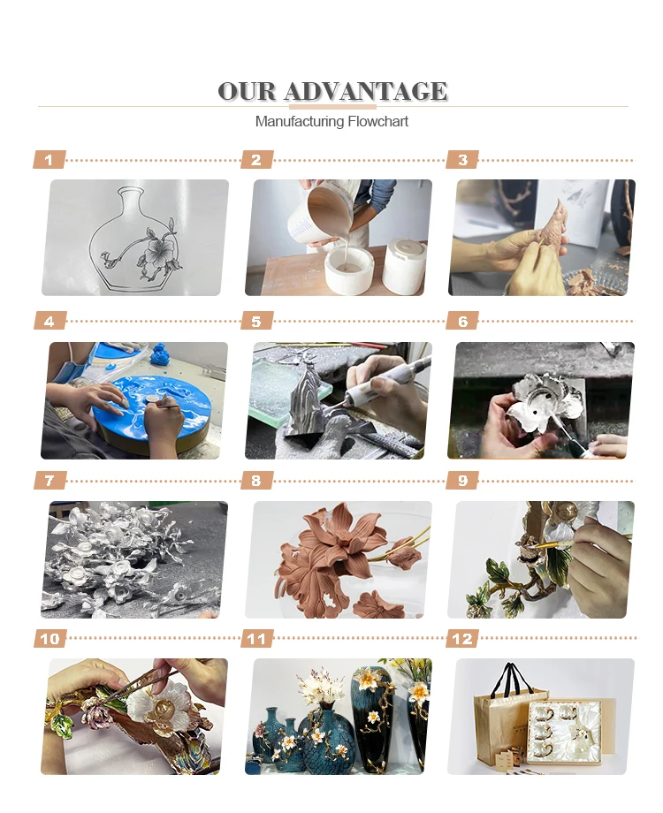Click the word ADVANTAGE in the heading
point(365,91)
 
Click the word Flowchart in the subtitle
point(377,121)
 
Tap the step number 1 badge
point(50,160)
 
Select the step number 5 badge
point(256,321)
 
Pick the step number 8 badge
point(256,481)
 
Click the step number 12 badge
point(462,639)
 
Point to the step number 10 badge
point(50,639)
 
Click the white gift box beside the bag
point(564,732)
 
